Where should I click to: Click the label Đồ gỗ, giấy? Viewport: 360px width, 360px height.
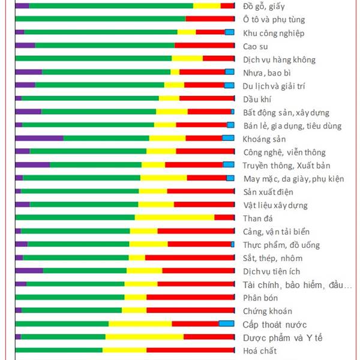pos(264,7)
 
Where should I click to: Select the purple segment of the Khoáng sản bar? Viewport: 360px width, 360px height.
pos(39,139)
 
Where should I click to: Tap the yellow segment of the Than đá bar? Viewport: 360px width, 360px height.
pos(175,218)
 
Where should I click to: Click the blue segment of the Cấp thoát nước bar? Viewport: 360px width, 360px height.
pos(226,323)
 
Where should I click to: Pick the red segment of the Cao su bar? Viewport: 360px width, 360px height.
pos(204,46)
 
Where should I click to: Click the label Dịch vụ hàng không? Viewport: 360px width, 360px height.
pos(279,60)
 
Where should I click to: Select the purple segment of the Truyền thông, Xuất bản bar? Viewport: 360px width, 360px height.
pos(32,165)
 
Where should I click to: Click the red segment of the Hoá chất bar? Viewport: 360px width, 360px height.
pos(190,350)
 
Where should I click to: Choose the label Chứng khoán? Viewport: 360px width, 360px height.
pos(268,311)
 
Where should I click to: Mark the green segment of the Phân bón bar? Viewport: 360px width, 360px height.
pos(70,297)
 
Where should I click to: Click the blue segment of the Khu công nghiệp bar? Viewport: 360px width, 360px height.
pos(229,32)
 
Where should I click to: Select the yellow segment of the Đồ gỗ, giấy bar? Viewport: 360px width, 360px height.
pos(207,6)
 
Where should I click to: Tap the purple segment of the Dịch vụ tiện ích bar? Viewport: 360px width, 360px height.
pos(29,271)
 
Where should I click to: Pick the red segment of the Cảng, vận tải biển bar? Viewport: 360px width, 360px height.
pos(196,231)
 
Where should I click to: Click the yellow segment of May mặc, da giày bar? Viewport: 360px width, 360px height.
pos(163,178)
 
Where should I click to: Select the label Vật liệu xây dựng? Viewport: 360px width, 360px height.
pos(275,205)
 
